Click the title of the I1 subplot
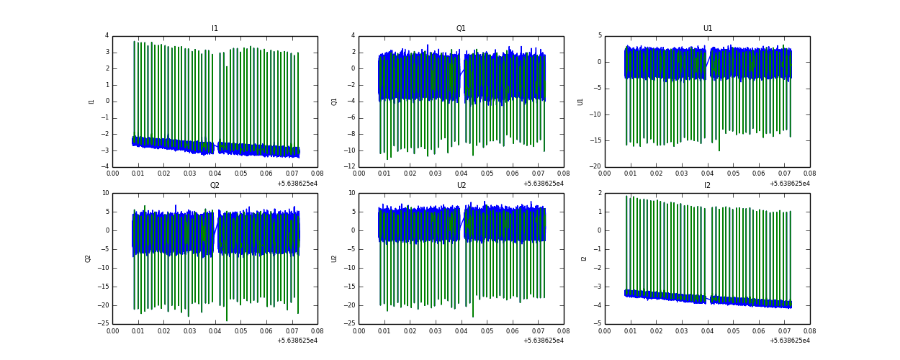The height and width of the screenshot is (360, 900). click(x=215, y=29)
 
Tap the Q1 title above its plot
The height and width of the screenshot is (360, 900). click(x=461, y=29)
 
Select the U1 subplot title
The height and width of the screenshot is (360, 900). click(x=707, y=29)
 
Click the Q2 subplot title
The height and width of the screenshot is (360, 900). click(x=215, y=186)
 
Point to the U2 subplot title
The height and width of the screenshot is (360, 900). click(x=461, y=186)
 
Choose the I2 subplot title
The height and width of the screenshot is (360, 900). click(x=707, y=186)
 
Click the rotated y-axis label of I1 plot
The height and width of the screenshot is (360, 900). click(x=91, y=102)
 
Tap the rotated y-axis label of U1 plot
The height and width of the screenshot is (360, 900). click(x=580, y=102)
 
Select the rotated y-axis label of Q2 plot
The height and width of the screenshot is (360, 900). click(x=88, y=258)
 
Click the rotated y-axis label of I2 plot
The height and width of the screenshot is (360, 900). click(x=584, y=258)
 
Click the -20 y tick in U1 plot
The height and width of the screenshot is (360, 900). click(x=595, y=167)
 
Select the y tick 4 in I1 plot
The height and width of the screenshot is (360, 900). click(x=107, y=36)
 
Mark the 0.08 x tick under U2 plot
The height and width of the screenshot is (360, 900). click(x=563, y=332)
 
